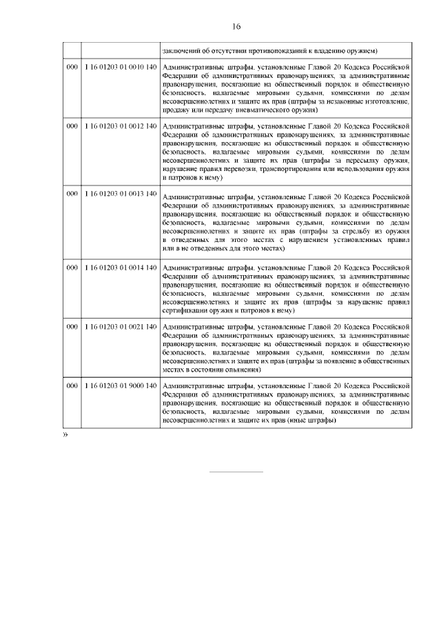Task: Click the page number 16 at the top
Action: point(236,27)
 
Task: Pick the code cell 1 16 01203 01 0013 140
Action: point(121,194)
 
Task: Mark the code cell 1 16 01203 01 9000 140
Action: point(121,385)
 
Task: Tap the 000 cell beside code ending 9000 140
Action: point(72,385)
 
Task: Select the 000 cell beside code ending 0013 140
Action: point(72,194)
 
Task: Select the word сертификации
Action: point(186,310)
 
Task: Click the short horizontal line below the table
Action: point(236,472)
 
